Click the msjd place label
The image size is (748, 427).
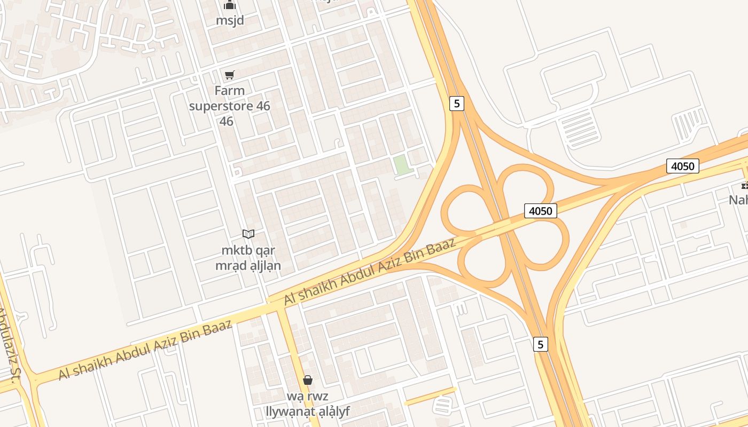tap(230, 20)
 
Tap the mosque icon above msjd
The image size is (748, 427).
tap(230, 5)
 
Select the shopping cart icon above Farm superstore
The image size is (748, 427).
tap(229, 75)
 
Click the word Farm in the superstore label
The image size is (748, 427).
tap(230, 91)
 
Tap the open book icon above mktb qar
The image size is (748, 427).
tap(248, 234)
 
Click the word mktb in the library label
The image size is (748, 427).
tap(234, 250)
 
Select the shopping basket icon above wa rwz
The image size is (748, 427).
tap(307, 380)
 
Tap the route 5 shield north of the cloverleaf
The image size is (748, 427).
tap(456, 103)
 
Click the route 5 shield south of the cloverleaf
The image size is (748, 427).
tap(540, 344)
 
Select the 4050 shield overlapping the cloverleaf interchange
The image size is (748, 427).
tap(540, 211)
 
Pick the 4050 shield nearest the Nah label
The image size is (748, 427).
tap(682, 166)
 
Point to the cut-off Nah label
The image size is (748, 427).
tap(739, 200)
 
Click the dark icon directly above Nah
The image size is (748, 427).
tap(744, 186)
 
